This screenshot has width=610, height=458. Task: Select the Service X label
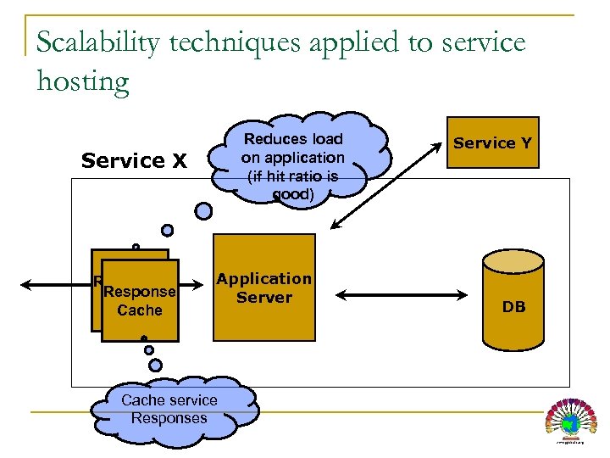pos(133,160)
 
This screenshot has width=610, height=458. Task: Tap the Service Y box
pos(492,142)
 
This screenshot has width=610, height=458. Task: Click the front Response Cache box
pos(140,301)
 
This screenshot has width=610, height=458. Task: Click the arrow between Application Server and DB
pos(402,295)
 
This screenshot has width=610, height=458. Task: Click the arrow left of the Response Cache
pos(55,283)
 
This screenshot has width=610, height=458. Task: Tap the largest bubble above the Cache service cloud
pos(156,365)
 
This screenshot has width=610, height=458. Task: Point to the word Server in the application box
pos(263,298)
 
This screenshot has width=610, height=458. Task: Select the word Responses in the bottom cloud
pos(169,418)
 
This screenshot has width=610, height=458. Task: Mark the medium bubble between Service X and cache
pos(168,230)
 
